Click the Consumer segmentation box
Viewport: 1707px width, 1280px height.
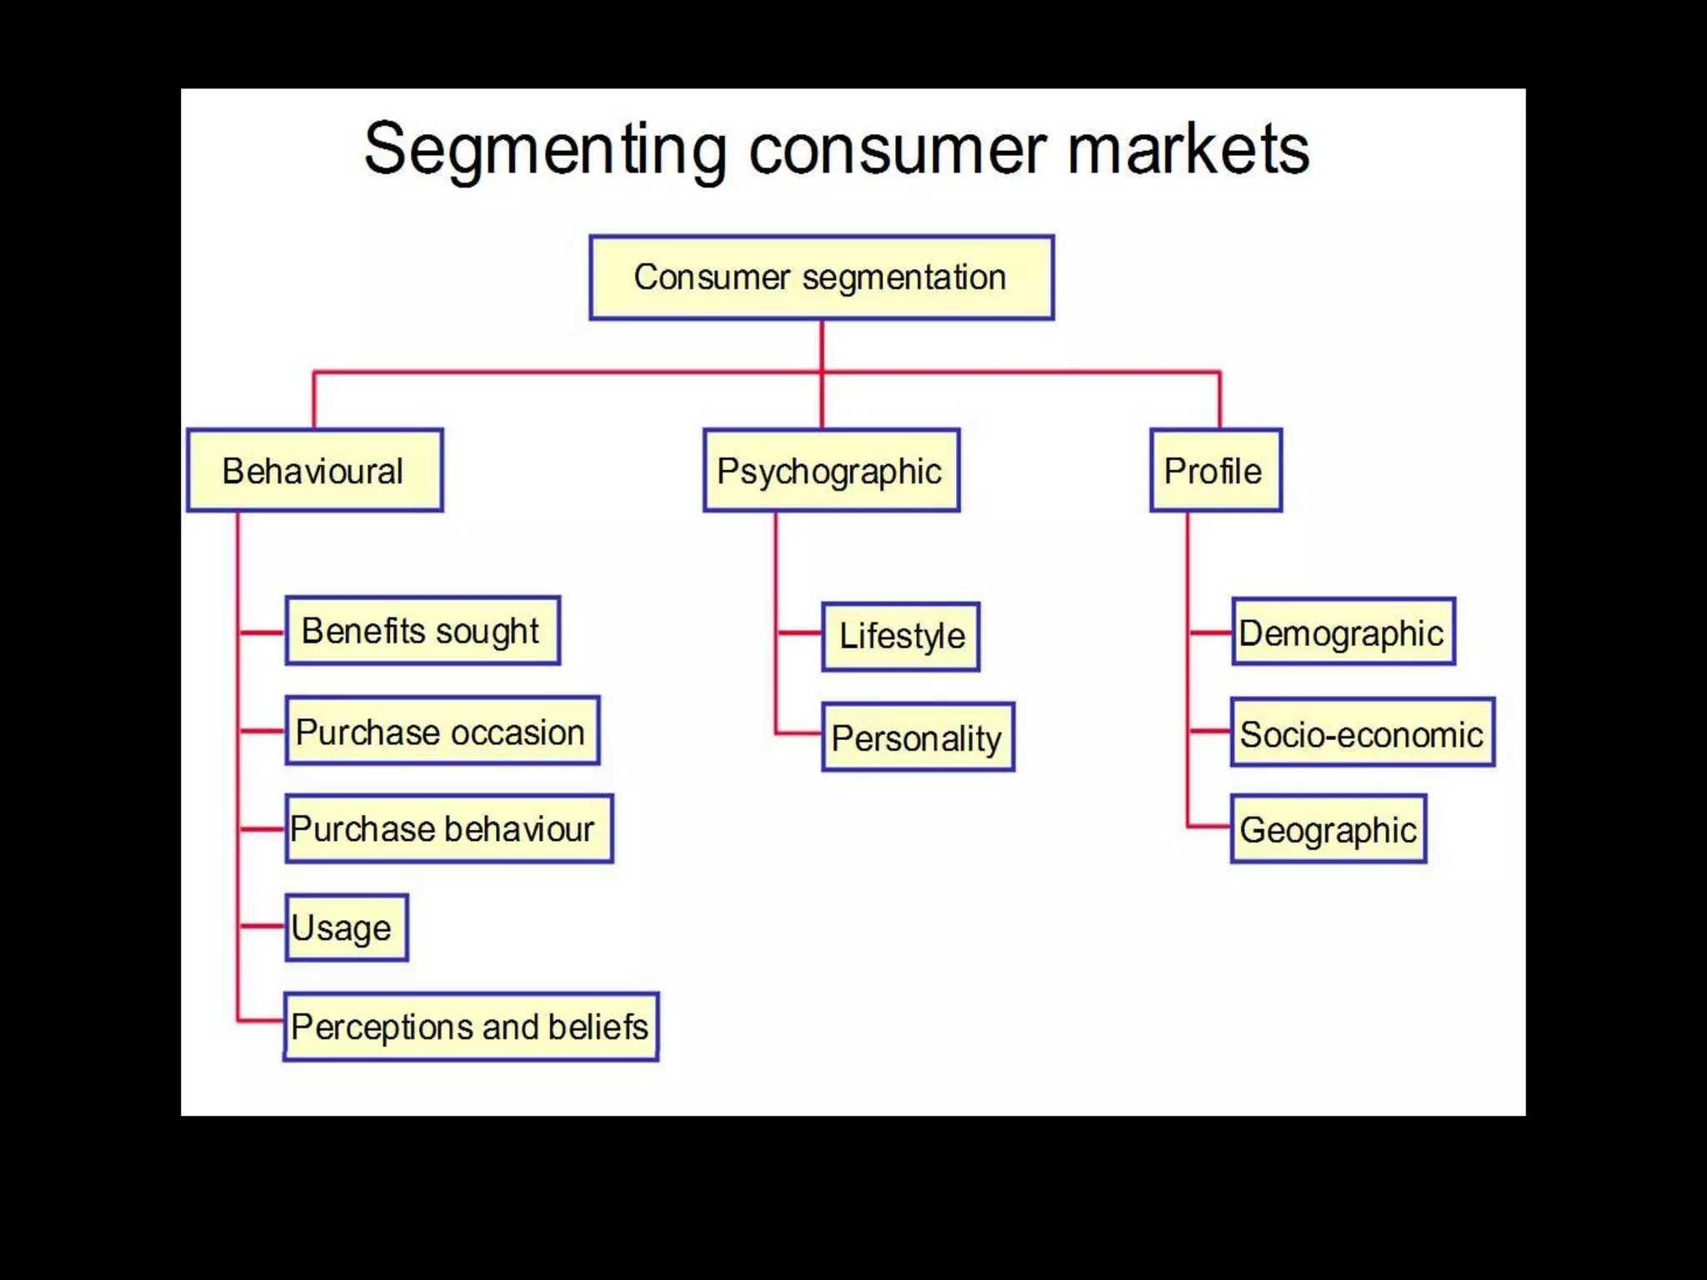pos(821,277)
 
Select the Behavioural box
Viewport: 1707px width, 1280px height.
pos(314,471)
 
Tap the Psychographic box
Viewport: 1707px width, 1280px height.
pos(831,471)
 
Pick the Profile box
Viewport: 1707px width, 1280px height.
pos(1215,471)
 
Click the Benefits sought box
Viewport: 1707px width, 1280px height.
pos(423,631)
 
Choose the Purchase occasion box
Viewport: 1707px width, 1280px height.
pos(442,732)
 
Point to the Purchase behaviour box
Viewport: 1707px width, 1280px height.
pos(448,829)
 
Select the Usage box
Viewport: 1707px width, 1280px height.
pos(346,927)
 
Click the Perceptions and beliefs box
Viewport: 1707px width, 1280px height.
pos(471,1027)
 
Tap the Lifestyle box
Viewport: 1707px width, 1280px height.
pos(900,637)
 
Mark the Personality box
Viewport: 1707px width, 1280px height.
pos(918,737)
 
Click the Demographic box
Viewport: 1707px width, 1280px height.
pos(1343,632)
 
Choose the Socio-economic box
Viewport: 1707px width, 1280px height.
pos(1362,733)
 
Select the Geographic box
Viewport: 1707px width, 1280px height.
pos(1328,829)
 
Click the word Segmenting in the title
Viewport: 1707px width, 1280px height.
pos(546,150)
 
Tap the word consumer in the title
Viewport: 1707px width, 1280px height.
pos(897,150)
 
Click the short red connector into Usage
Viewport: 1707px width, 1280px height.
pos(262,926)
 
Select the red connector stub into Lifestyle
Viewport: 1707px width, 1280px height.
pos(799,633)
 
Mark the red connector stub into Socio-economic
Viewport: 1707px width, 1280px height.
pos(1209,732)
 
